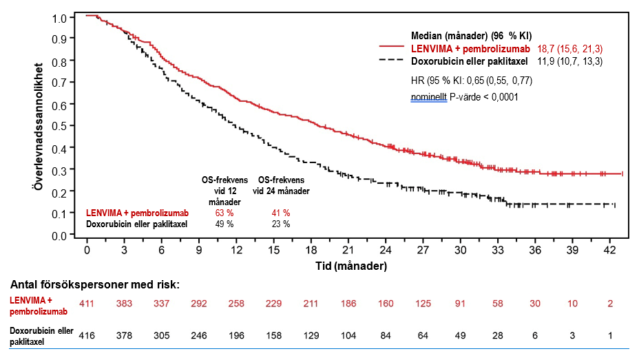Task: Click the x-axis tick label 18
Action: coord(311,250)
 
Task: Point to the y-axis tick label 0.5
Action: coord(59,126)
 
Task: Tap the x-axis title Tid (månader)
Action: coord(351,266)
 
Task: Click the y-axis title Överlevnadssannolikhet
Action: coord(39,126)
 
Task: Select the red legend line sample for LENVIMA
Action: coord(392,47)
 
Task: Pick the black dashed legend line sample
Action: coord(392,61)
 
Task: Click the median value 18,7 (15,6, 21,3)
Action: coord(569,49)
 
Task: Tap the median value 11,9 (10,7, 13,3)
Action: coord(569,61)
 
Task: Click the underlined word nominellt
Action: coord(429,97)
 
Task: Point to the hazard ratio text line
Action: coord(472,81)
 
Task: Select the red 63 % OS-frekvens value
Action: coord(224,213)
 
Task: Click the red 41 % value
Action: coord(281,213)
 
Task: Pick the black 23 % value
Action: coord(281,224)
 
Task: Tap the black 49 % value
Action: coord(224,224)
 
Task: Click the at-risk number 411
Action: coord(86,304)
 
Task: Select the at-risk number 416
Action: coord(86,336)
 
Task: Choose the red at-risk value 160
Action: coord(386,304)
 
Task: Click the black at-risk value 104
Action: coord(348,336)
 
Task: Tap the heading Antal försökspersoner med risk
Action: coord(94,284)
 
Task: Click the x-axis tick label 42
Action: coord(609,250)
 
